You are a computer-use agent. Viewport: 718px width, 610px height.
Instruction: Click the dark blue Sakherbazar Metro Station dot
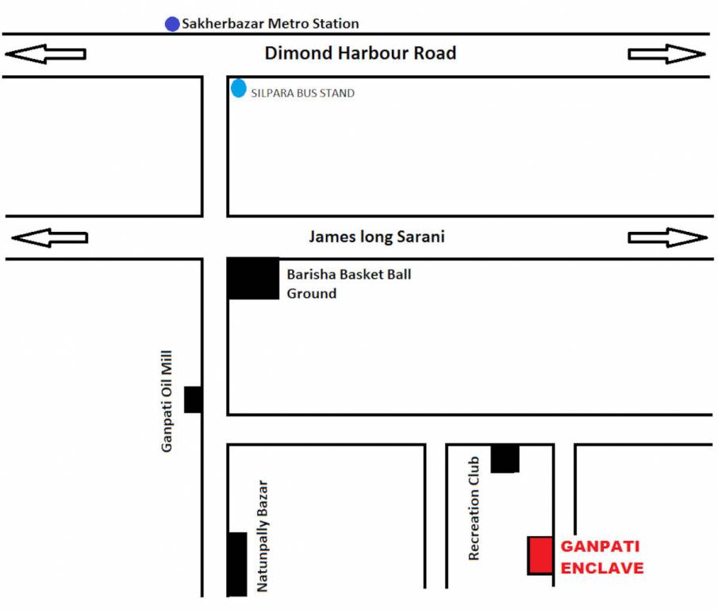(x=172, y=24)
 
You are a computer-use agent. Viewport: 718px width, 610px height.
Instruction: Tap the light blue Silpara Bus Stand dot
(x=238, y=88)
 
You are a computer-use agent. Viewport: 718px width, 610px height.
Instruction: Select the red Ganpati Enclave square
(x=540, y=555)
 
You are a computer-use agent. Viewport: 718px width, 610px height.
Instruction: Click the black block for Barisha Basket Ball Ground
(x=253, y=278)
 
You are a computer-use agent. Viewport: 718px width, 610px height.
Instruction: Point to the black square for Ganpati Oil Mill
(x=193, y=399)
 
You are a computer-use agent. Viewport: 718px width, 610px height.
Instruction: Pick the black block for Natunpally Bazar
(x=236, y=564)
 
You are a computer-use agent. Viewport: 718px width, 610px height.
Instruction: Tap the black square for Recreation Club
(x=505, y=458)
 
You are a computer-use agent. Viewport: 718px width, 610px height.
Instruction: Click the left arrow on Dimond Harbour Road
(x=45, y=54)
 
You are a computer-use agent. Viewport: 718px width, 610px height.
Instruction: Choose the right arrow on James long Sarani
(x=666, y=237)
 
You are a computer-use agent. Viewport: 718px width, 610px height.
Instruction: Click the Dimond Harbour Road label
(x=360, y=54)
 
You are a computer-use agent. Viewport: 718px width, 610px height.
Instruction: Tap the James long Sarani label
(x=377, y=237)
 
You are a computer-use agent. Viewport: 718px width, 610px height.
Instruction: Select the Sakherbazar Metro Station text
(x=270, y=24)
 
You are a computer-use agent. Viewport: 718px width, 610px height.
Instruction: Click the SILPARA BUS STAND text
(x=302, y=93)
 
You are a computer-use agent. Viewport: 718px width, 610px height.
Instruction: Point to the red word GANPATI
(x=600, y=546)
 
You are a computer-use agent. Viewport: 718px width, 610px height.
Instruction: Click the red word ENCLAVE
(x=602, y=568)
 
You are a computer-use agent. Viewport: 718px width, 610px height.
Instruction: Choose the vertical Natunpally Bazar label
(x=263, y=536)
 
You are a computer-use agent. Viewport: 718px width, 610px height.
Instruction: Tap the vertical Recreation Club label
(x=474, y=508)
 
